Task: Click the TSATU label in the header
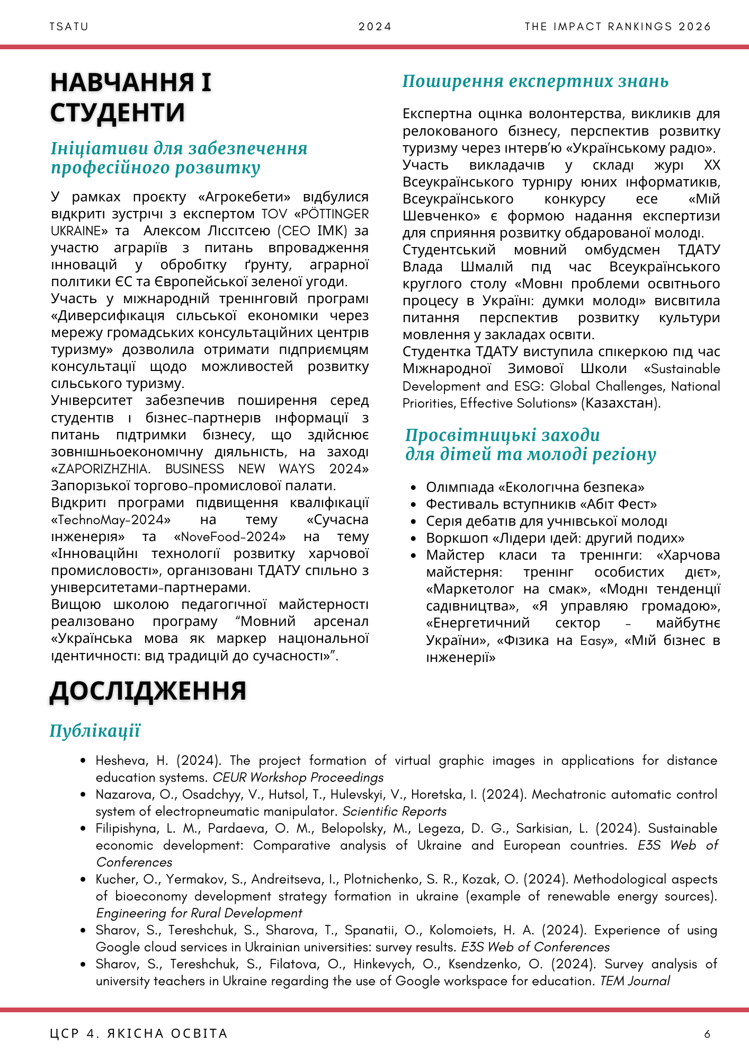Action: click(69, 27)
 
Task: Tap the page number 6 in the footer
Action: click(707, 1033)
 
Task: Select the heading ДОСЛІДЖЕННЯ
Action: click(148, 691)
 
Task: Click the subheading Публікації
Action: click(95, 731)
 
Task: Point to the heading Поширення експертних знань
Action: click(535, 81)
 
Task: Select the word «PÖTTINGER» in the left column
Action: click(332, 214)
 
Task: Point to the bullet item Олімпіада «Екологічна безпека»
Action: click(535, 487)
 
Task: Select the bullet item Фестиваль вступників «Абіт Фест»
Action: click(541, 504)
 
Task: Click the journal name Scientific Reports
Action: click(394, 811)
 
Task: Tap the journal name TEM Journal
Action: click(635, 981)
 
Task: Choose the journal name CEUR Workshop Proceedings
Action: click(298, 778)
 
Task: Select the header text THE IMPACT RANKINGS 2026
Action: click(618, 27)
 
